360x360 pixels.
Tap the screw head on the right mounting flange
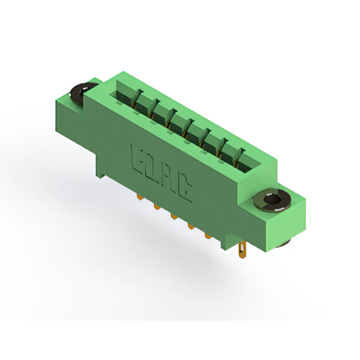[272, 200]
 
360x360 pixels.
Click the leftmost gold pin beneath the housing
[139, 197]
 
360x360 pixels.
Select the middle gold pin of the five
[174, 216]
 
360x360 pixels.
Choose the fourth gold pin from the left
[191, 226]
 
